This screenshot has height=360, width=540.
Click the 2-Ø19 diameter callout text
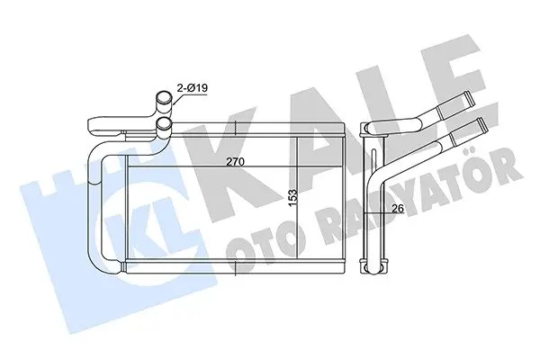pyautogui.click(x=193, y=88)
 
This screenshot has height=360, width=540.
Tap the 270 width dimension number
pyautogui.click(x=235, y=162)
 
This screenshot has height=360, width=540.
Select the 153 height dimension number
pyautogui.click(x=292, y=198)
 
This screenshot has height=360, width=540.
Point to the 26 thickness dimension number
pyautogui.click(x=398, y=208)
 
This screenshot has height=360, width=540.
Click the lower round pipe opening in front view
pyautogui.click(x=163, y=124)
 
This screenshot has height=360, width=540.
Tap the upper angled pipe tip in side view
pyautogui.click(x=470, y=97)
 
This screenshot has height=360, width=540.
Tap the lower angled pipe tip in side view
pyautogui.click(x=481, y=124)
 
